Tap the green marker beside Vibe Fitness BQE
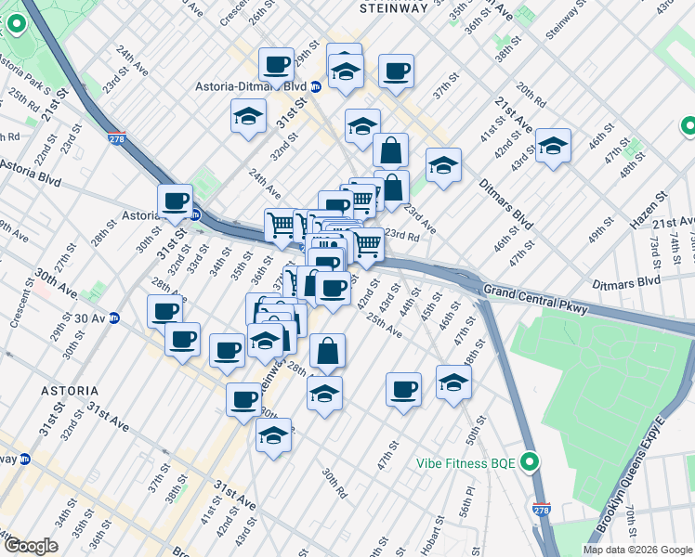530,460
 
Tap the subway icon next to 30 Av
115,317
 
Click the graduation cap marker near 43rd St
553,145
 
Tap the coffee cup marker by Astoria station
174,200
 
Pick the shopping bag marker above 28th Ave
327,351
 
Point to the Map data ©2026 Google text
637,550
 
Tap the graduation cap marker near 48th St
453,382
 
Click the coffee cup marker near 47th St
403,389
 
